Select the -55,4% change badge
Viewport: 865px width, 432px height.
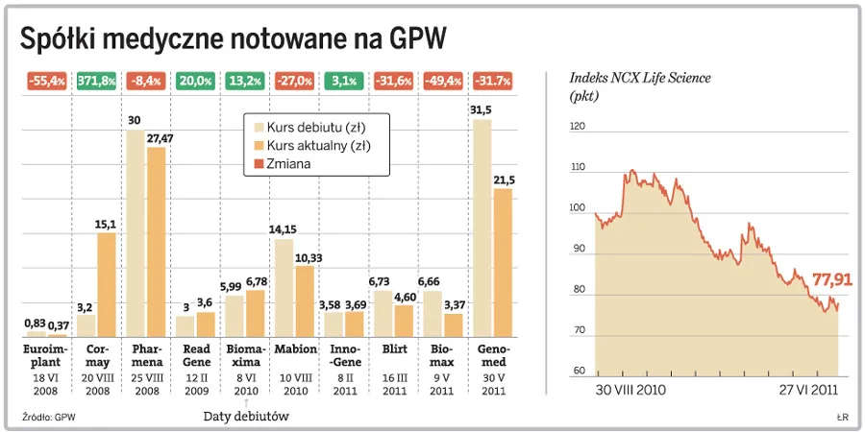[x=45, y=81]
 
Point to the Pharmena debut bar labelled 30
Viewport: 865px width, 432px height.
[x=136, y=233]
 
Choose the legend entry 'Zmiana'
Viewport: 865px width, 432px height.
[x=302, y=164]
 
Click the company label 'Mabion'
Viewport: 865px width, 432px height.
[x=296, y=348]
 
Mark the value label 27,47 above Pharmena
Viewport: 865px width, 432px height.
[x=157, y=139]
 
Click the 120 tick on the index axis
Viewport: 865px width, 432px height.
[x=577, y=126]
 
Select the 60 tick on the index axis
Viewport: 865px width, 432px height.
[x=579, y=372]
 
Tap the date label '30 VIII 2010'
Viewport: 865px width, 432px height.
[x=630, y=391]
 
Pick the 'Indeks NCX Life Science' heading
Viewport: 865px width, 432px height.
[x=640, y=78]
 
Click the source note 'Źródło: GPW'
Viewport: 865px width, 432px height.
[x=48, y=416]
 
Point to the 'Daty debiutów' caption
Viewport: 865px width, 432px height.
[x=246, y=416]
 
